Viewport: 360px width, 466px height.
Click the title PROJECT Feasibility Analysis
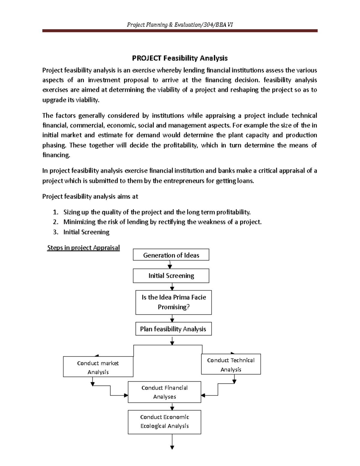180,58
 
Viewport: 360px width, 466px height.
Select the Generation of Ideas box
171,255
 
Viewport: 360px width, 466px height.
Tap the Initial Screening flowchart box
171,276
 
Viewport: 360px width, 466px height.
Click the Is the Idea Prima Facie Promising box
173,302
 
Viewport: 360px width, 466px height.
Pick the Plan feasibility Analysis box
173,329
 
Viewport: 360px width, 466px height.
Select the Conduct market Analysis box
98,367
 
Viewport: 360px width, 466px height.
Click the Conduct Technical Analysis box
231,364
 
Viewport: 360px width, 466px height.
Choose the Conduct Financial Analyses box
164,392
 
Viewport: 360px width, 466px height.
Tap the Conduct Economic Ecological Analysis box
164,422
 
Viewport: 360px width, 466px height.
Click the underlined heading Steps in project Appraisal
83,248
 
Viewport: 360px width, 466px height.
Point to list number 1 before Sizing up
55,212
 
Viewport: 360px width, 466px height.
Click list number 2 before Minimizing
55,222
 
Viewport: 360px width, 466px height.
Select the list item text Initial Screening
86,232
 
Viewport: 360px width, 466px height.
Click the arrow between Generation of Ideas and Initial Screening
170,265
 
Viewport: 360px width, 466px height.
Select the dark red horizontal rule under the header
180,31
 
